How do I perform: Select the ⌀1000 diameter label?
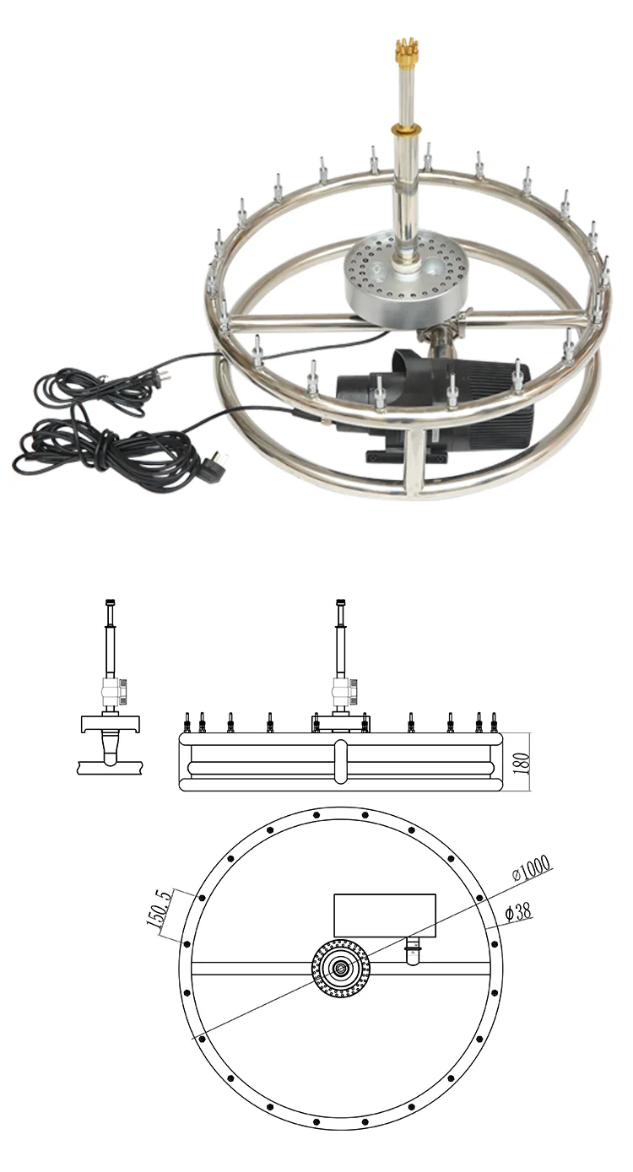532,868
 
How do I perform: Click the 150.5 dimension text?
160,911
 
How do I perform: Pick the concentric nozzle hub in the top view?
342,969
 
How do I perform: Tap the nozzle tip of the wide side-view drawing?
341,604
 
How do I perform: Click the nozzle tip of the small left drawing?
111,604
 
